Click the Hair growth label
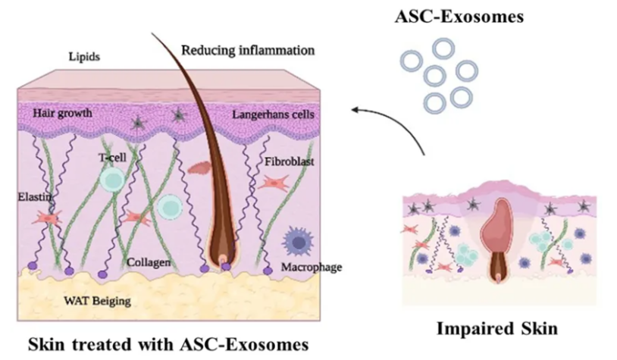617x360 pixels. [63, 113]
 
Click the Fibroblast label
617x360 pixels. [289, 161]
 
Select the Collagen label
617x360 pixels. [149, 262]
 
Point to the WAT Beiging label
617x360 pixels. [98, 301]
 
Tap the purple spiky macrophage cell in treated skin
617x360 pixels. [297, 241]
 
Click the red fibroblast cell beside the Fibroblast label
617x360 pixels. [271, 183]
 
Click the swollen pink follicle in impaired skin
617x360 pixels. [503, 223]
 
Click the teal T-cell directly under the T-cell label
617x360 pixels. [111, 180]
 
